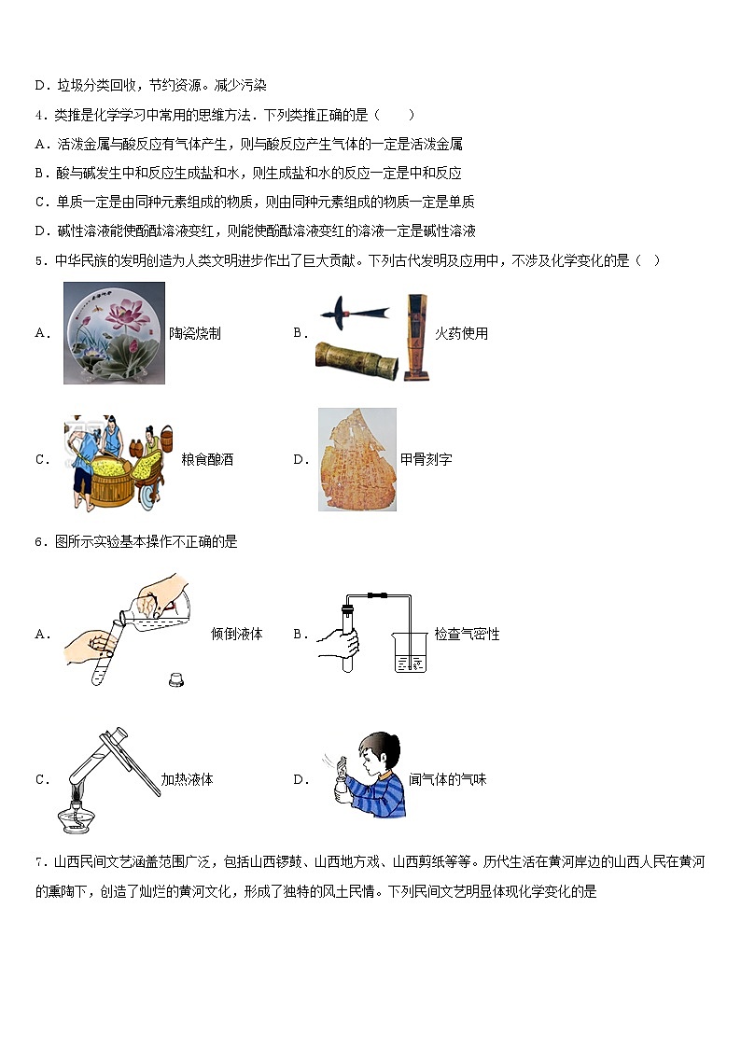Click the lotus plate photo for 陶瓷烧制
[114, 332]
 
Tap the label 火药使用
[461, 333]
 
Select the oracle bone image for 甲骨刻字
[357, 459]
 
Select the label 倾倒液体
[237, 635]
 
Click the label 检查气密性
[467, 635]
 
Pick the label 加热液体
[187, 779]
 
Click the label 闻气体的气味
[448, 779]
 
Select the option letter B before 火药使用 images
[300, 333]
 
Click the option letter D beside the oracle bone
[300, 459]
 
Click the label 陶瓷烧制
[195, 333]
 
